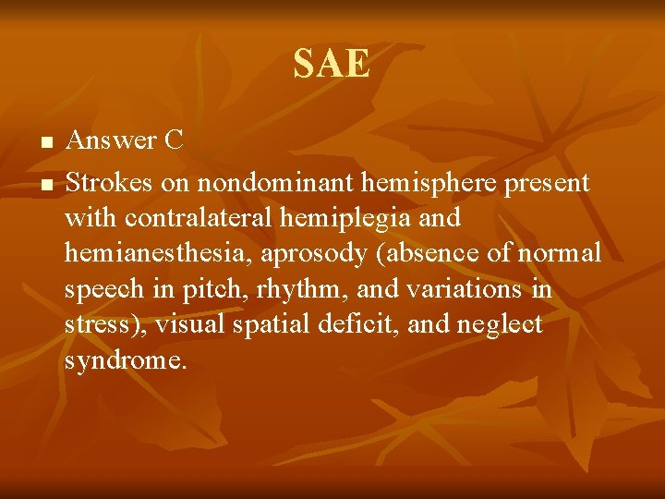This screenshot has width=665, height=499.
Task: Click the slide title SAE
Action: [x=332, y=65]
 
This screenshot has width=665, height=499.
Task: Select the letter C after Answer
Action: [x=174, y=140]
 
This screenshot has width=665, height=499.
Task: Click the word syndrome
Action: [x=126, y=359]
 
